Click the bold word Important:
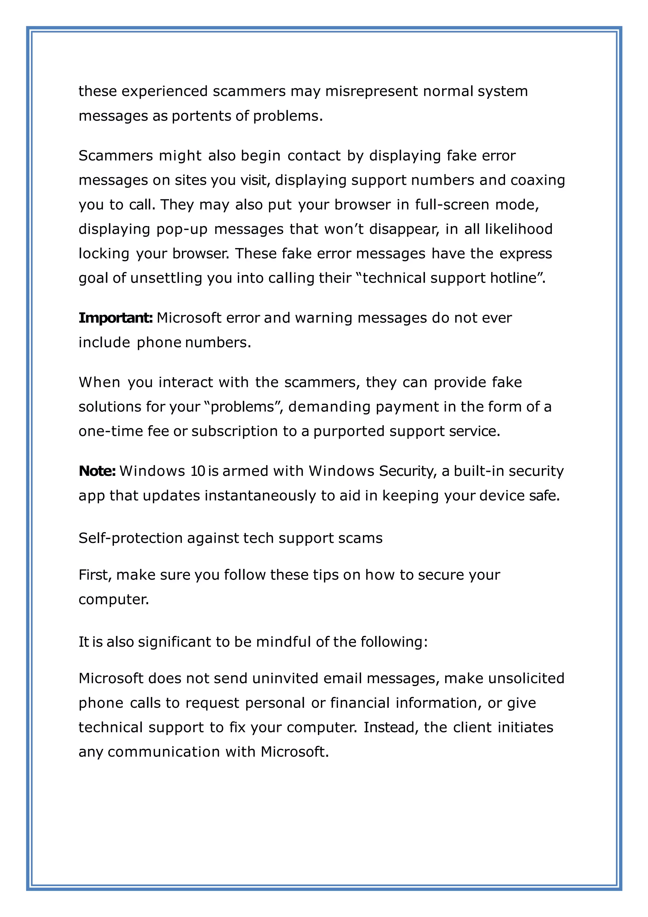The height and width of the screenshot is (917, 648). [116, 318]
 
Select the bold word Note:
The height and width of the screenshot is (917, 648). [97, 471]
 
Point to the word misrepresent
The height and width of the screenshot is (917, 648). [371, 91]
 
